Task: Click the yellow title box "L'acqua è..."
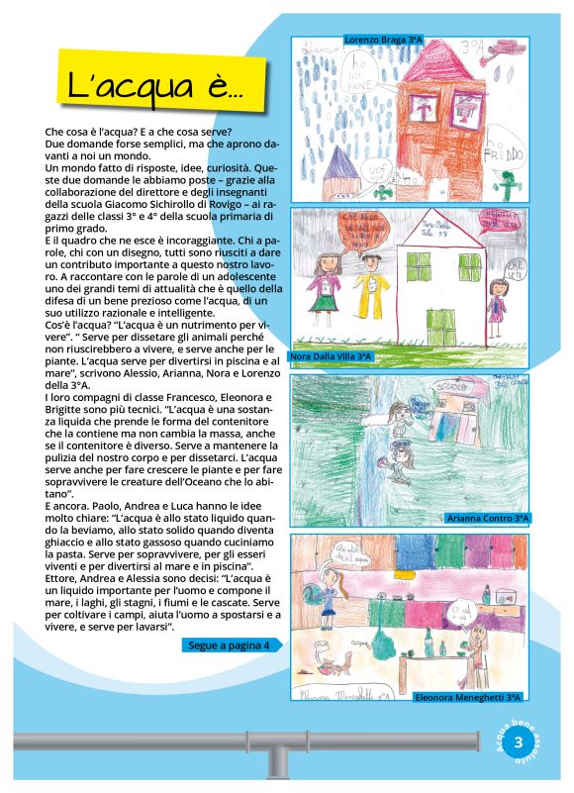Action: pos(153,87)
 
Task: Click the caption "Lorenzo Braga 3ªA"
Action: pos(384,40)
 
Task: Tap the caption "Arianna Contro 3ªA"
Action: pos(489,517)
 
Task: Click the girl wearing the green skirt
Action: pos(327,287)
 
